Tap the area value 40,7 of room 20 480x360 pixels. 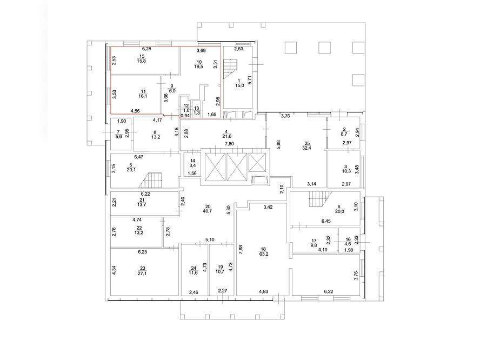[x=208, y=211]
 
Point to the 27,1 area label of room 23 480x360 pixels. [x=142, y=274]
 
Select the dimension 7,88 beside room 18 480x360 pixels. [x=241, y=250]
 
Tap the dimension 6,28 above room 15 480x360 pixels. [x=146, y=49]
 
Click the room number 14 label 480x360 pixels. [x=192, y=161]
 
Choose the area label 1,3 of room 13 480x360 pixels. [x=197, y=112]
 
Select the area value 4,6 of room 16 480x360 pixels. [x=348, y=244]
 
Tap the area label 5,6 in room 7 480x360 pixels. [x=118, y=137]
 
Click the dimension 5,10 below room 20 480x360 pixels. [x=210, y=239]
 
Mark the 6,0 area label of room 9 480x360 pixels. [x=172, y=91]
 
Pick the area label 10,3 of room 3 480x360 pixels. [x=346, y=171]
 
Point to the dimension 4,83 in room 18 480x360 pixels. [x=263, y=291]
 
